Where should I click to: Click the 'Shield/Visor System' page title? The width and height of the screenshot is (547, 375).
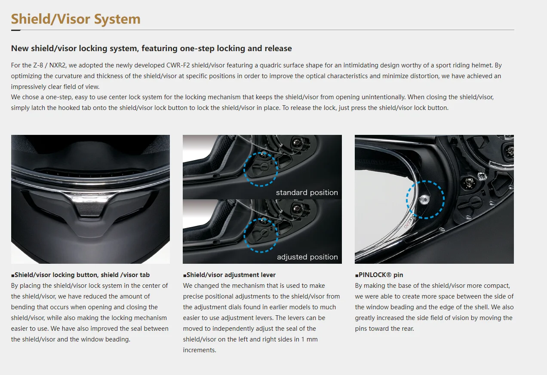click(x=76, y=19)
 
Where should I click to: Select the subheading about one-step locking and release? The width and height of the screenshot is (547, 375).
click(x=151, y=49)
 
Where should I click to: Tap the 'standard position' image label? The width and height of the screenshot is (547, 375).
click(x=307, y=192)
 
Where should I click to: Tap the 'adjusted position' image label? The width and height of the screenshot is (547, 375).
click(x=307, y=257)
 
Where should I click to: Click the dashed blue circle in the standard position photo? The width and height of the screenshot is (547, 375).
click(x=261, y=169)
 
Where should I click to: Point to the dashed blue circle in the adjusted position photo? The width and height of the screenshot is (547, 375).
click(x=261, y=235)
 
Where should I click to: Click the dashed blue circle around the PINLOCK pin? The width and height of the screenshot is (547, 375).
click(x=425, y=199)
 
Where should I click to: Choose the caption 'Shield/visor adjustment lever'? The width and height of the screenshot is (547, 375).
click(x=231, y=275)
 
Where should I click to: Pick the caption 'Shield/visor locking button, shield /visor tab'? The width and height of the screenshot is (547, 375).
click(x=82, y=275)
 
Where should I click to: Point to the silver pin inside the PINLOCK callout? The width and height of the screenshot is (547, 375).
click(x=424, y=198)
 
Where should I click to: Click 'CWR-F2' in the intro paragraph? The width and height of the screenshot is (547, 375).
click(x=179, y=65)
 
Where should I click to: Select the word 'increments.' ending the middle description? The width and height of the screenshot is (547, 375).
click(x=200, y=350)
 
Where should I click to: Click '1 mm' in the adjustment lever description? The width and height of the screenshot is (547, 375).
click(x=310, y=339)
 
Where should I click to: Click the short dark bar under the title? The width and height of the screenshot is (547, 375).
click(x=16, y=30)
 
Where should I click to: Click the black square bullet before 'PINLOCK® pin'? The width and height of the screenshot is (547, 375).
click(x=356, y=275)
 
